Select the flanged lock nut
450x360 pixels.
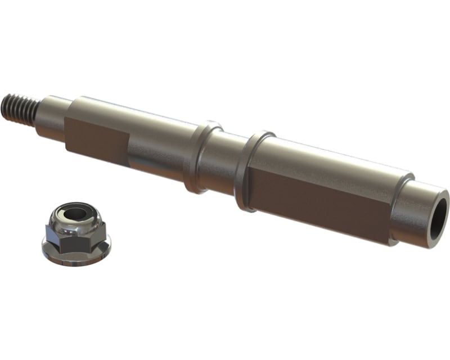(x=76, y=234)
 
